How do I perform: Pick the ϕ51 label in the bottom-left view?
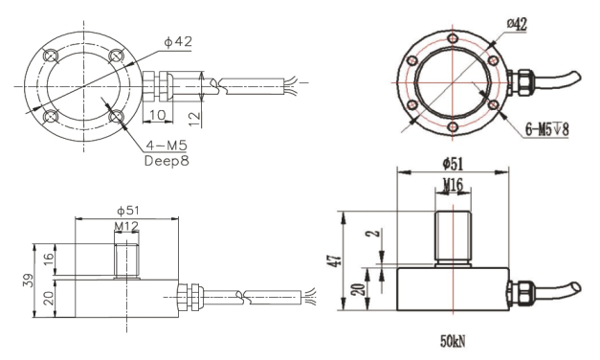click(128, 211)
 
